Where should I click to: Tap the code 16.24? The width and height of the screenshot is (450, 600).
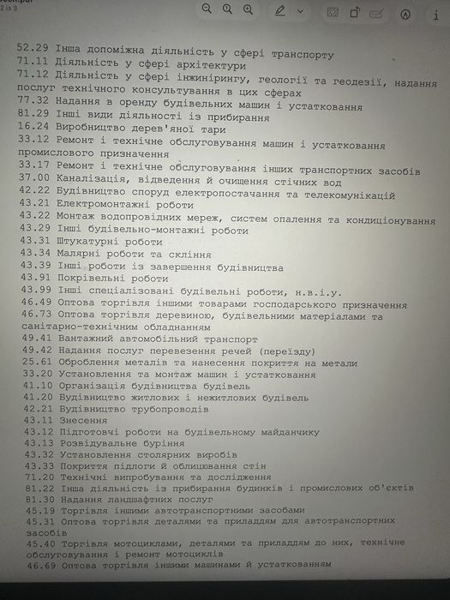coord(33,126)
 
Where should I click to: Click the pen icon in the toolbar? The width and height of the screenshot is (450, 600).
coord(279,13)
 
